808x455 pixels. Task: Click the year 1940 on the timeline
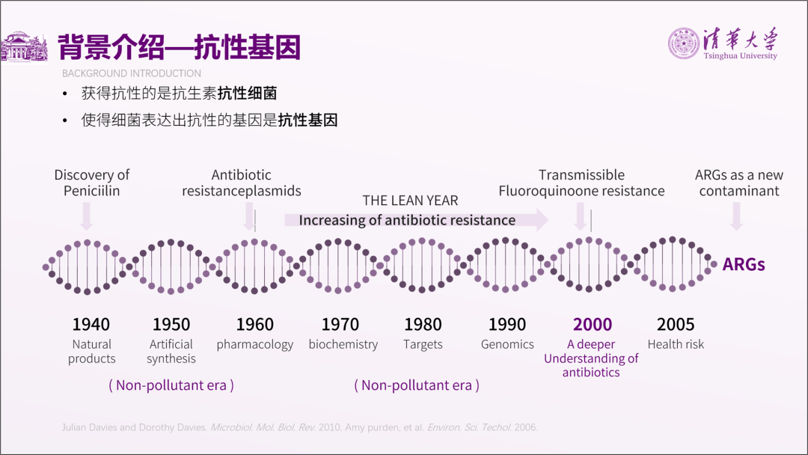(91, 324)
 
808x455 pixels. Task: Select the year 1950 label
(171, 324)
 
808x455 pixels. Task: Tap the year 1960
(254, 324)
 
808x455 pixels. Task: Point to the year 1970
(340, 324)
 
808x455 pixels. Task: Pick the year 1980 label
(423, 324)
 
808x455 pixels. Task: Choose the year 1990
(507, 324)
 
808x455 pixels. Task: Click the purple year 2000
(592, 324)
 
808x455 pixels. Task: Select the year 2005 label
(676, 324)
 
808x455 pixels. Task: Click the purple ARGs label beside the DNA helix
(744, 264)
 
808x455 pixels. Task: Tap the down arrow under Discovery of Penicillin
(87, 216)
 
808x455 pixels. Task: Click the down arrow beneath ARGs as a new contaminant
(737, 216)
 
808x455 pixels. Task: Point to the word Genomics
(507, 344)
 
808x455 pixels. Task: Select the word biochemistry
(343, 344)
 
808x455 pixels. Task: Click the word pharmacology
(254, 345)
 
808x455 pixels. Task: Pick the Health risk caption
(676, 344)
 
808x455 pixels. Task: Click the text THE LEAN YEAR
(410, 201)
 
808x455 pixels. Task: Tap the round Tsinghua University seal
(684, 43)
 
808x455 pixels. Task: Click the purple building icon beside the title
(24, 46)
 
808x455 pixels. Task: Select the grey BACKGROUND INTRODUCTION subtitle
(132, 73)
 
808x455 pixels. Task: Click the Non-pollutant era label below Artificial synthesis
(171, 385)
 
